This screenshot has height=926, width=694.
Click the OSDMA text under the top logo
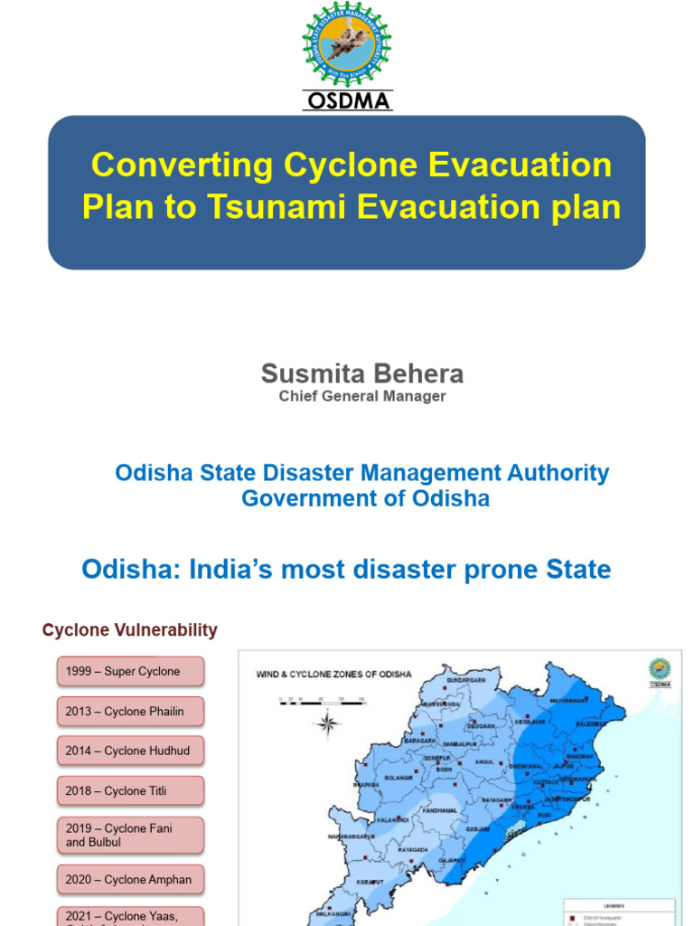347,101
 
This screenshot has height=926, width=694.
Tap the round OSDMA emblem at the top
347,44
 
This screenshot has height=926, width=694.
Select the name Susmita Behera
361,373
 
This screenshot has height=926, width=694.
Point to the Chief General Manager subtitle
361,396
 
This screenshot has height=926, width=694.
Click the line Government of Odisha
365,498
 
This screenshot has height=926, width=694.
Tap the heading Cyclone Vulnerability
130,630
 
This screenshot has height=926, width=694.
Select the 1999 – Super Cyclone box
131,672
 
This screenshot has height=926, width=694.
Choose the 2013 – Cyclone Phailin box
131,712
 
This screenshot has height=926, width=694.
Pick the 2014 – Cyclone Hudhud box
131,751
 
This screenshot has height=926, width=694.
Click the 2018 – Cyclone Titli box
131,791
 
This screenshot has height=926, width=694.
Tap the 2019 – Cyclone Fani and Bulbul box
131,836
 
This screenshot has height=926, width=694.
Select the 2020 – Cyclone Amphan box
131,880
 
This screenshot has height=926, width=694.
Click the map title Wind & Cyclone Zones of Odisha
334,674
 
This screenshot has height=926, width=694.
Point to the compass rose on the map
328,722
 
